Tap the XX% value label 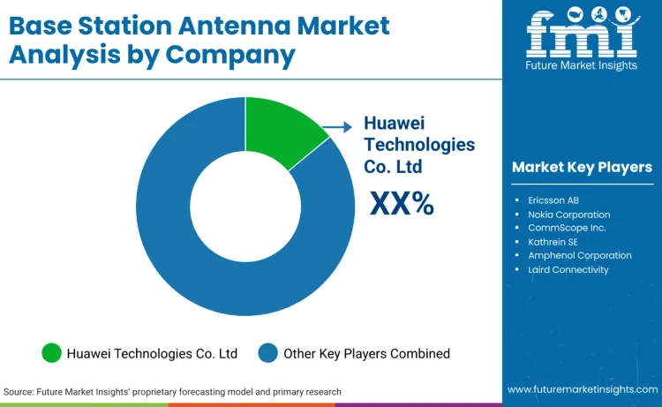402,204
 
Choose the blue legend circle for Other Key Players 268,353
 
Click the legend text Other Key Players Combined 366,353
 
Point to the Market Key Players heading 582,167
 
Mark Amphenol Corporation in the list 580,255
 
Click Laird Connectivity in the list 568,269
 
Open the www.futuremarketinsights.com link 582,389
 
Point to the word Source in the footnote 19,391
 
